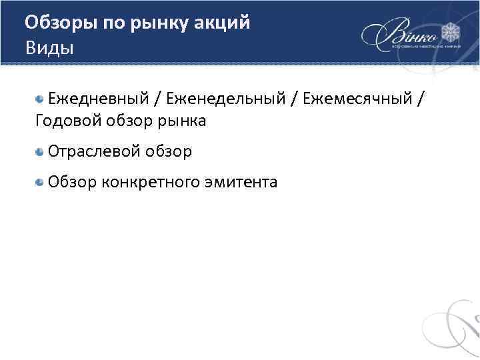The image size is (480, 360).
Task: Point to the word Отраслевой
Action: point(91,151)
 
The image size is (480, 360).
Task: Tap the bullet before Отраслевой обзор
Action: point(40,151)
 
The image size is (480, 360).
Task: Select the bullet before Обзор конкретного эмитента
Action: point(40,181)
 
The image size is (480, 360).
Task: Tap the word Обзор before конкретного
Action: point(72,181)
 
